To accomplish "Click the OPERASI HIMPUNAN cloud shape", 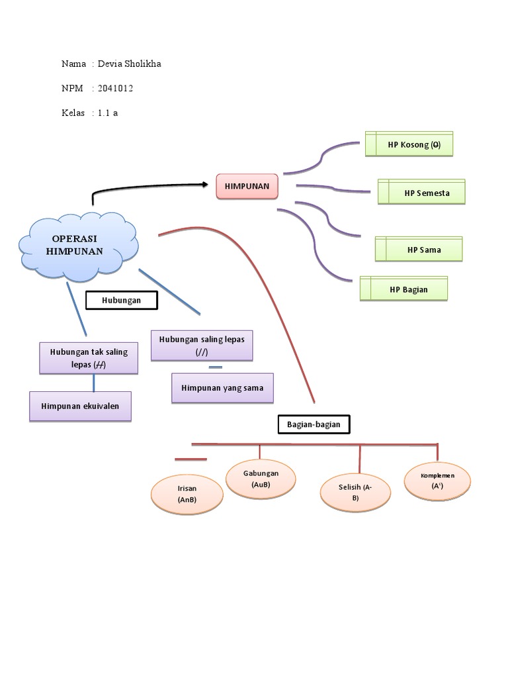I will pos(78,245).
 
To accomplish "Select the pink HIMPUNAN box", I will pos(247,187).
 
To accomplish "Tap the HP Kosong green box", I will pos(409,144).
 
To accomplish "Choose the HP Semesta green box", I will pos(422,193).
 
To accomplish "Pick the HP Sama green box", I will pos(419,250).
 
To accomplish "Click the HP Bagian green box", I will pos(403,289).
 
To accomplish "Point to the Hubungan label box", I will pos(122,301).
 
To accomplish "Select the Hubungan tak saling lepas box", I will pos(89,358).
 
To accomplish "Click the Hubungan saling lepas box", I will pos(202,346).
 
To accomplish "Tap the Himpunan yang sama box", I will pos(222,388).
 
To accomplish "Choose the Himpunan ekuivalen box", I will pos(80,406).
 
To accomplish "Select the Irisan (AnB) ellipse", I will pos(187,495).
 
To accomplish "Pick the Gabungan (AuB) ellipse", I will pos(261,479).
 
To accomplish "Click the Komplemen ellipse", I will pos(437,481).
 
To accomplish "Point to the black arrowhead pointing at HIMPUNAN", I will pos(203,186).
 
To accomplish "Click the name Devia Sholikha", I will pos(129,64).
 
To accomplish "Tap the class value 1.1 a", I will pos(108,113).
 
